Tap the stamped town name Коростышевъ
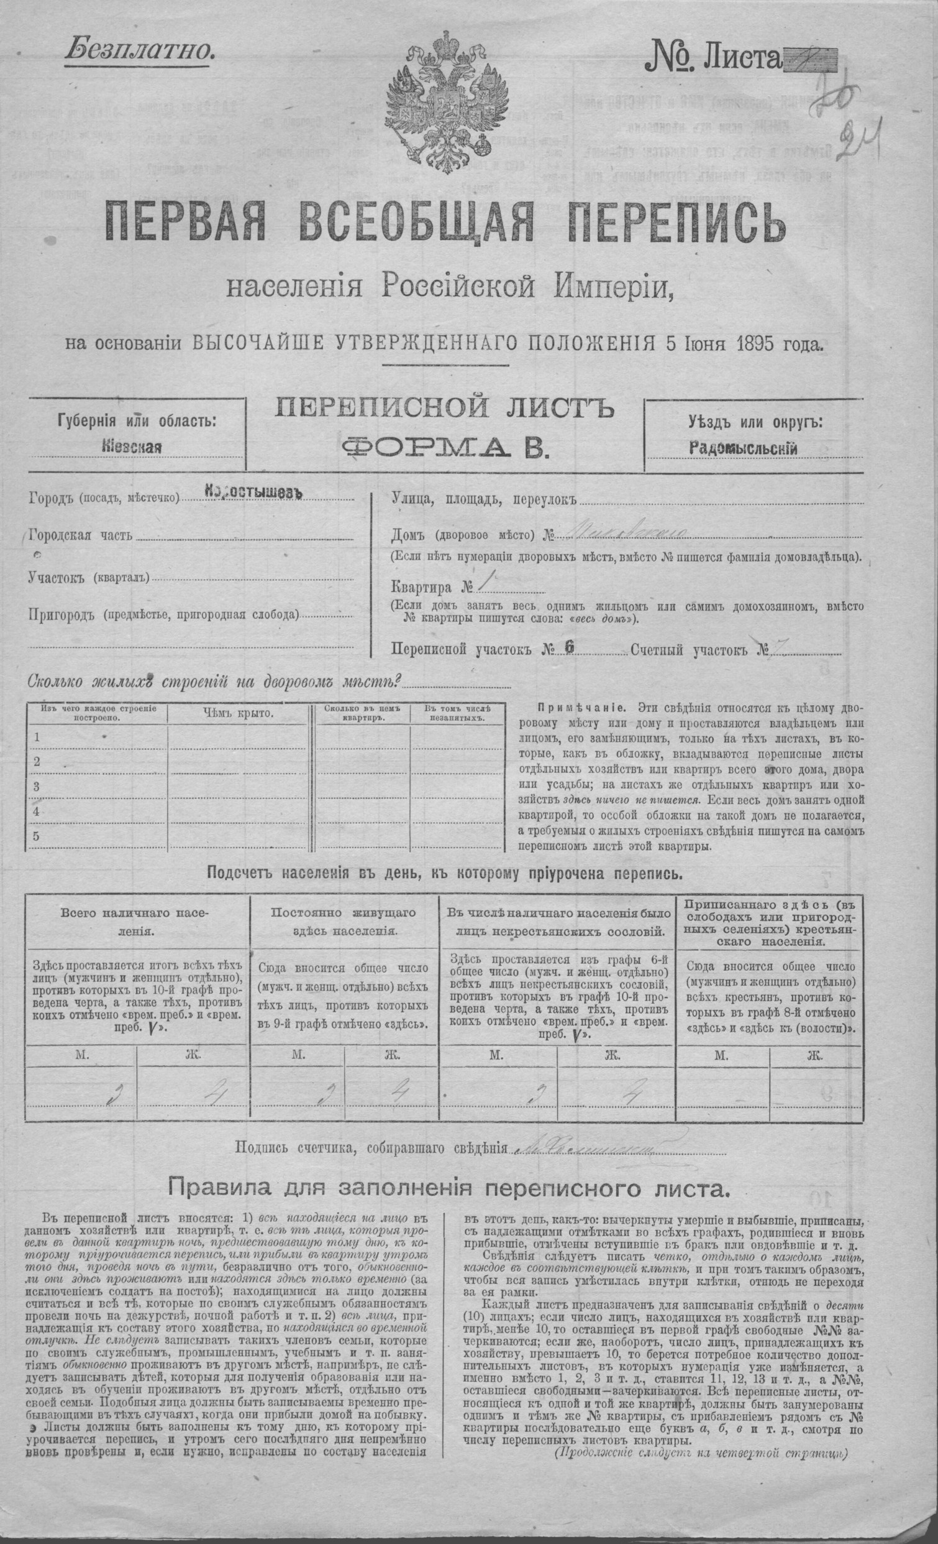pyautogui.click(x=253, y=492)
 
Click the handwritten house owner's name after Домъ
pyautogui.click(x=626, y=534)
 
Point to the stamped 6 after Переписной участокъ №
pyautogui.click(x=569, y=649)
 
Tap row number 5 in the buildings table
pyautogui.click(x=37, y=836)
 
